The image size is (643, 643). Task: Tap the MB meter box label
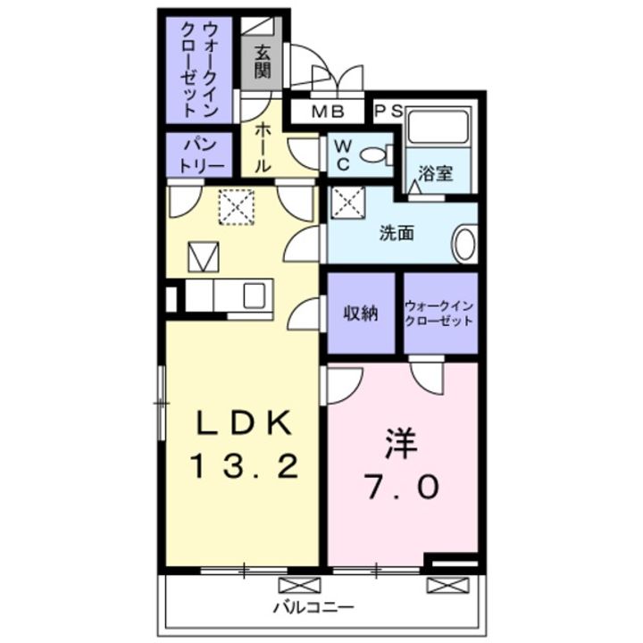328,112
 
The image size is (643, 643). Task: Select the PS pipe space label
389,111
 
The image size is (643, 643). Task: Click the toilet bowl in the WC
374,155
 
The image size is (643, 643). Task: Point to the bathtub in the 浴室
438,126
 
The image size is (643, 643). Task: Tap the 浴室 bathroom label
436,173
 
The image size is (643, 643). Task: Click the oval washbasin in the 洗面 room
465,244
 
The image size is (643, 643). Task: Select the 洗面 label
397,233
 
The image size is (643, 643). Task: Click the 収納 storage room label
361,313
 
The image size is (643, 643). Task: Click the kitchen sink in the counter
255,296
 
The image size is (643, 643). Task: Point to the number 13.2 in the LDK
245,467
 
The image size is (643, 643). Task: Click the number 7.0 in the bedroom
403,488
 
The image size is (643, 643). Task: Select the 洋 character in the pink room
401,444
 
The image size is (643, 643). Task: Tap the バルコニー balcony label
313,607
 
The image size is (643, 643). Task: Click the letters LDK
245,422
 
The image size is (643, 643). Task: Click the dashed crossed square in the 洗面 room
347,203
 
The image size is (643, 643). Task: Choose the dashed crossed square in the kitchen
236,206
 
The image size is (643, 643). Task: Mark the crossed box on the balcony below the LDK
299,585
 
